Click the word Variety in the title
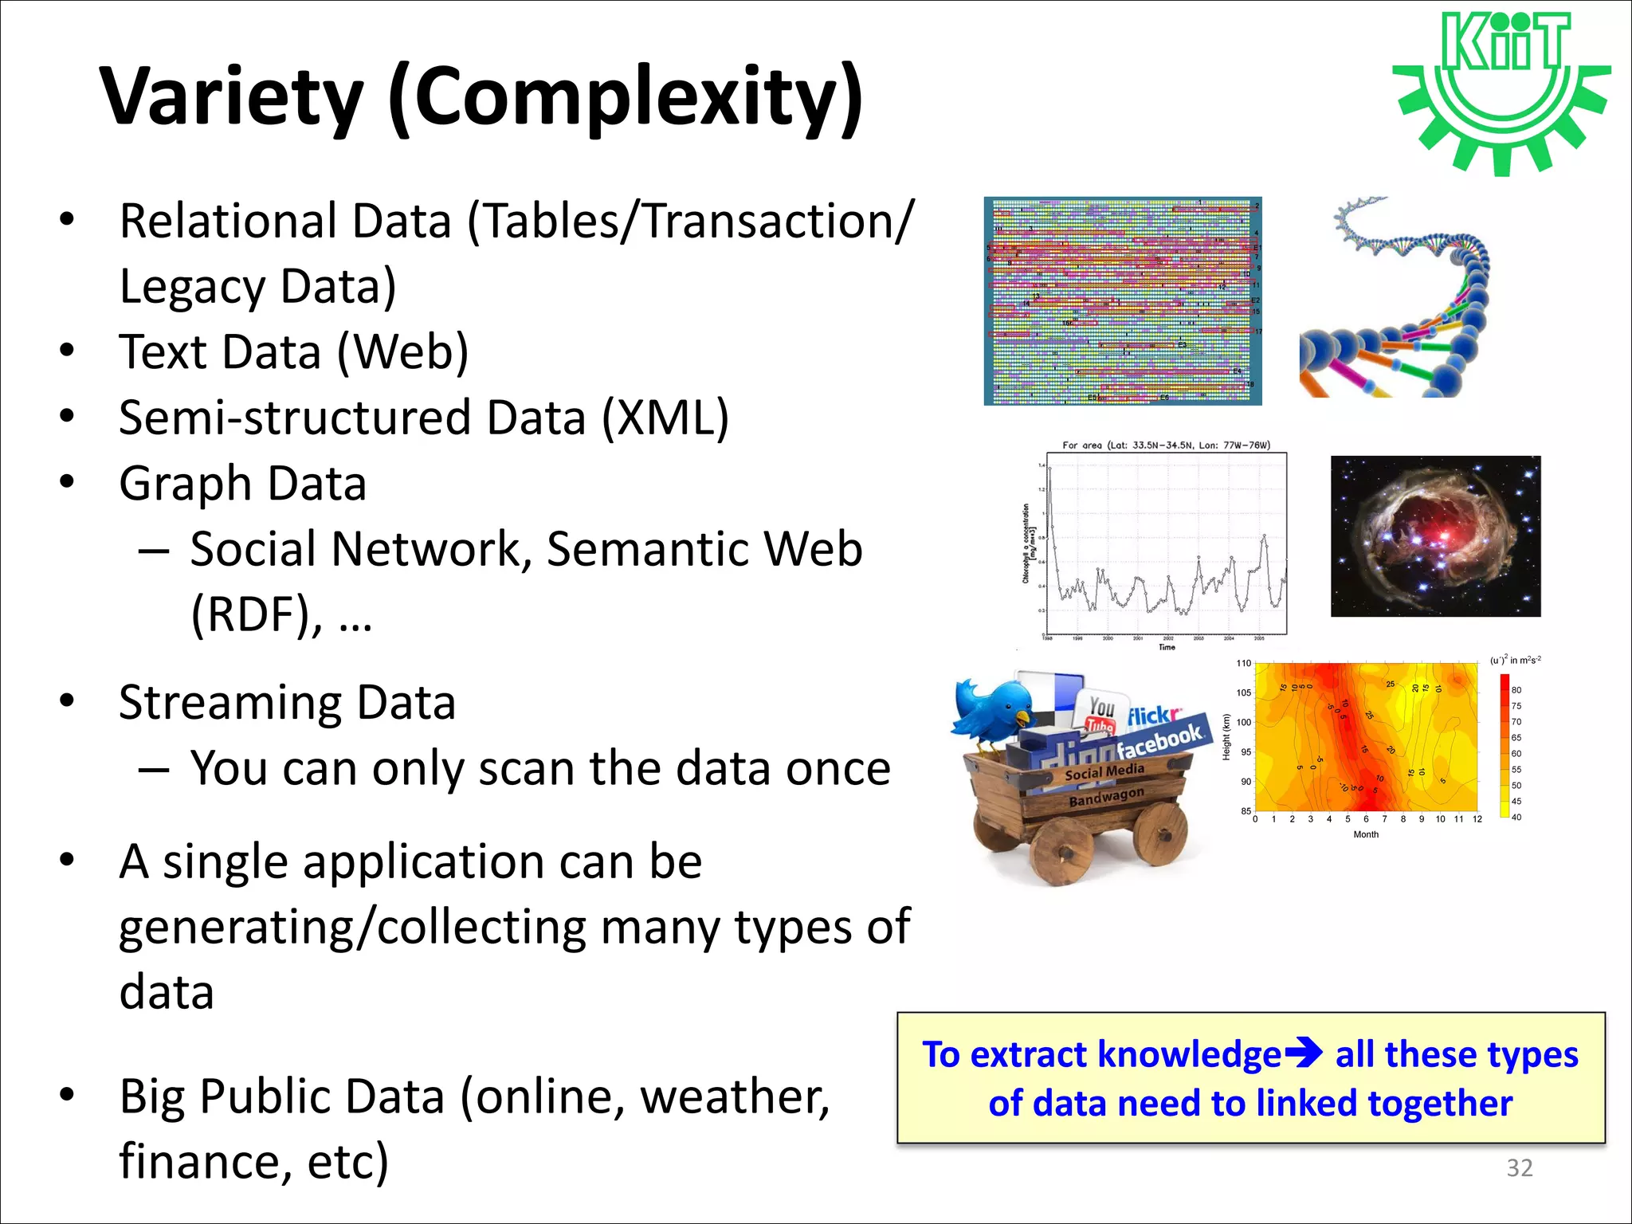point(231,97)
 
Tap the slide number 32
point(1519,1167)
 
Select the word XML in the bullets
point(665,418)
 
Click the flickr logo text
point(1153,716)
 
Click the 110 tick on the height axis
point(1243,663)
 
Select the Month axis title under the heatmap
point(1365,834)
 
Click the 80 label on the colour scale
point(1516,690)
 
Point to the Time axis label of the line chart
point(1167,647)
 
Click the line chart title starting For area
point(1166,445)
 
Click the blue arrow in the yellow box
point(1304,1054)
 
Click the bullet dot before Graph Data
point(67,481)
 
